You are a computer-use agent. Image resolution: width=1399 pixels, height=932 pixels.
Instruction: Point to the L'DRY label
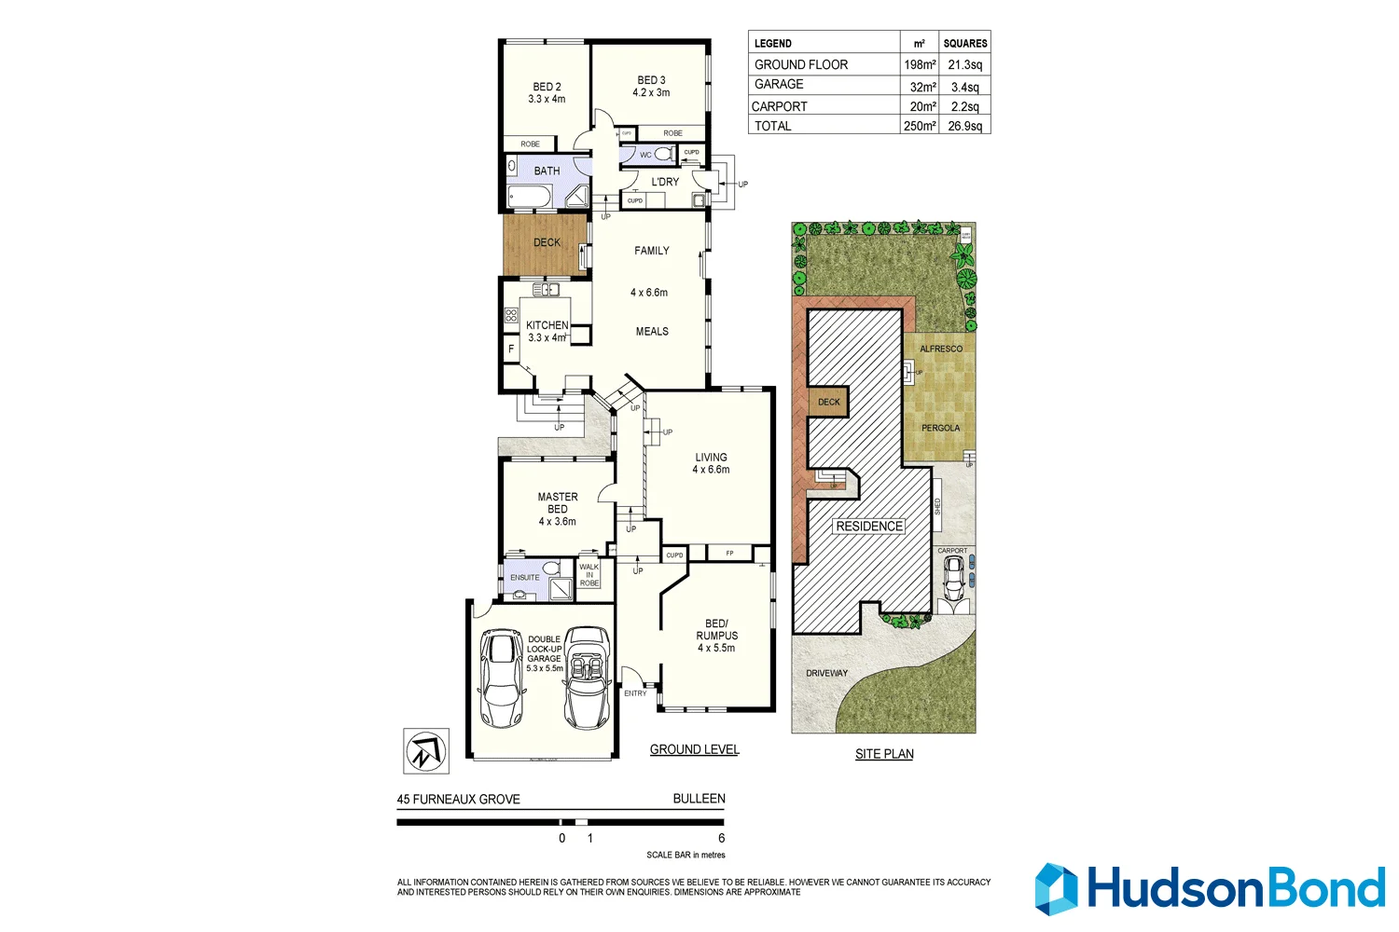665,182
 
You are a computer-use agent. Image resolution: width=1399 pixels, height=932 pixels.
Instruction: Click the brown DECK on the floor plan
547,243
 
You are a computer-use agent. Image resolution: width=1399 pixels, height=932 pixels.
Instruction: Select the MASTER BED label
558,503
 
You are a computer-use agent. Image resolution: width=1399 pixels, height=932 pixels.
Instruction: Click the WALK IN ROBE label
589,575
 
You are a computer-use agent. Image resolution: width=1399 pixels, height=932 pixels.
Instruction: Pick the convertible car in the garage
588,678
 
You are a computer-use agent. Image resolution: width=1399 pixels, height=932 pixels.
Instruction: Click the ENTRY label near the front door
635,693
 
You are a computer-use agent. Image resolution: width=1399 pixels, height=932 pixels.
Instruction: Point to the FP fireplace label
729,554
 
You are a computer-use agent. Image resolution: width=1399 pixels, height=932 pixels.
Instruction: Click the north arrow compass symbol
426,751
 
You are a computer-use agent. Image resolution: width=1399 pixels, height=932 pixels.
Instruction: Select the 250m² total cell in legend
919,126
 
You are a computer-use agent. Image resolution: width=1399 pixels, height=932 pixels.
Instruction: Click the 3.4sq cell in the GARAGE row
964,87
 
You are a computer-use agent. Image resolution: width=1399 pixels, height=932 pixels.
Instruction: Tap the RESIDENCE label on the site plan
869,527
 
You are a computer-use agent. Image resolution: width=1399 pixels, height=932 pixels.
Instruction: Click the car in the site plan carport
953,582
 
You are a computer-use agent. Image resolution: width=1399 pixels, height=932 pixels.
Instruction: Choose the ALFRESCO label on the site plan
941,349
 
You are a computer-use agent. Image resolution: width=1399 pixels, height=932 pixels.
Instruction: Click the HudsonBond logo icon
1056,888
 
